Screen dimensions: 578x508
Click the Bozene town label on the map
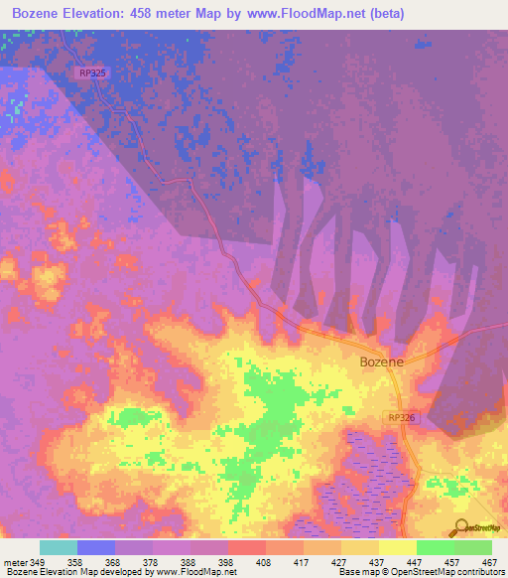381,362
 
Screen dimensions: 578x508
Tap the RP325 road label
92,72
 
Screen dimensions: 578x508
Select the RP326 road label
403,418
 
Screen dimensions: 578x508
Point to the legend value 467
489,561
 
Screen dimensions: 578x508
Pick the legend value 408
264,561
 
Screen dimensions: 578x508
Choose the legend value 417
302,561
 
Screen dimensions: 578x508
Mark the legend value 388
189,561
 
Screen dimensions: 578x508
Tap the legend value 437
377,561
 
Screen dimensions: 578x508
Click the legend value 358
76,561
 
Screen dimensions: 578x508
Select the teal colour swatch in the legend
59,547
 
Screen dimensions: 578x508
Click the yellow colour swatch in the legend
397,547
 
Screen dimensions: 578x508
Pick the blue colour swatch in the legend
96,547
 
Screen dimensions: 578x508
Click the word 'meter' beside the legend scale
14,561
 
